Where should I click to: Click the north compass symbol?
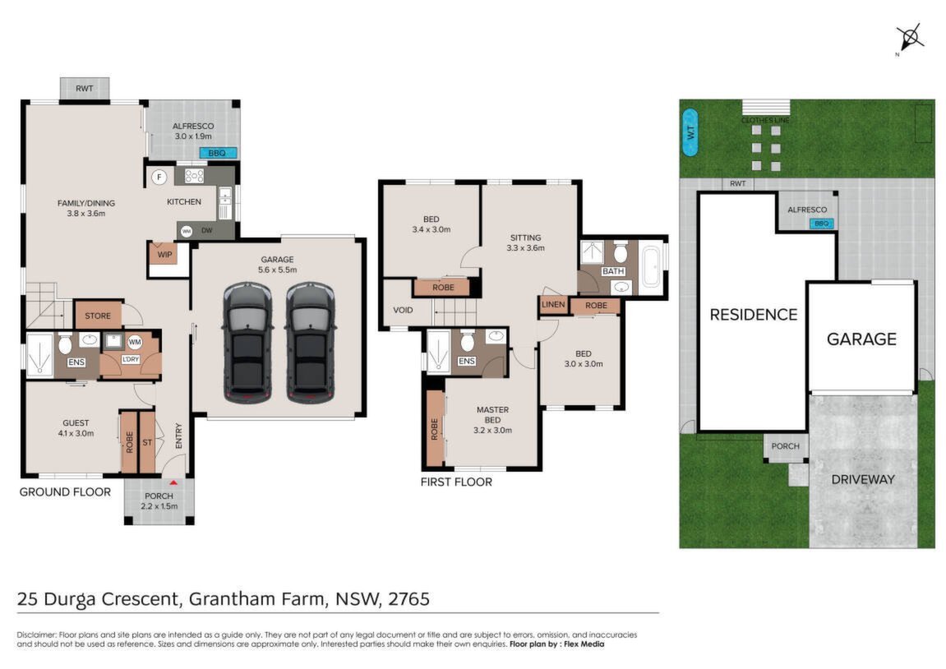[910, 38]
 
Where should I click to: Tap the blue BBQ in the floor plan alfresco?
[217, 153]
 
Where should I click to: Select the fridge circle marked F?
[159, 177]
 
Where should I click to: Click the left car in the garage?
[247, 342]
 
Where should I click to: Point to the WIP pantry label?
[164, 255]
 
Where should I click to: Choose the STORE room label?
[98, 316]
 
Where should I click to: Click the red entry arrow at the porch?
[173, 482]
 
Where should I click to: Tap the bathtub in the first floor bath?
[651, 265]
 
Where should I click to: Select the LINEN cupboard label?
[553, 305]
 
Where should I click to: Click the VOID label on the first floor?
[403, 310]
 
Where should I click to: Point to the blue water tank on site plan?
[690, 132]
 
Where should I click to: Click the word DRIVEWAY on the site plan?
[863, 480]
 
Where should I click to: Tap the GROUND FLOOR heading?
[65, 491]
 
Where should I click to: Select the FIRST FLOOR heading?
[456, 482]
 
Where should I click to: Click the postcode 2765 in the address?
[409, 599]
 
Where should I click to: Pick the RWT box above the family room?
[85, 89]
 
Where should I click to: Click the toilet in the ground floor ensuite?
[65, 343]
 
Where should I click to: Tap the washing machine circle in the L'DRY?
[135, 342]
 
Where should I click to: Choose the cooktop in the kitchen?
[194, 176]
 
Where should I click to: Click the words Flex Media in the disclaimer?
[584, 644]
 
